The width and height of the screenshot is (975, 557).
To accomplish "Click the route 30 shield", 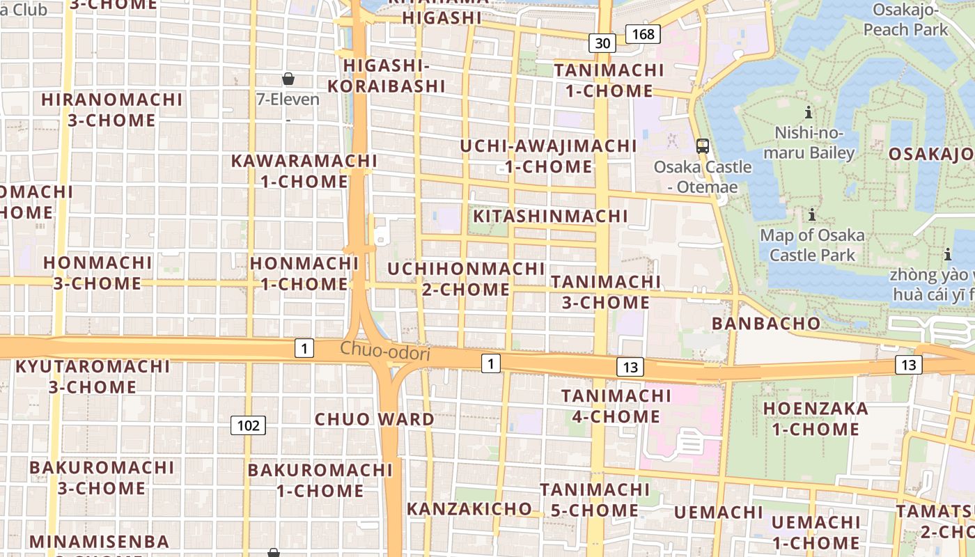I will tap(602, 43).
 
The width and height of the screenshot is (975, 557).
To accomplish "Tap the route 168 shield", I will tap(642, 33).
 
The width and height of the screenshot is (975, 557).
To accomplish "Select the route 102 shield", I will tap(249, 425).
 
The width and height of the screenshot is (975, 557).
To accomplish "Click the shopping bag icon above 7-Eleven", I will tap(288, 79).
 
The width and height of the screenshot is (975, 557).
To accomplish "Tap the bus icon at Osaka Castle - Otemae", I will tap(703, 146).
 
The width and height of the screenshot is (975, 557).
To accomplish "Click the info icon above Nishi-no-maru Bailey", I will tap(809, 112).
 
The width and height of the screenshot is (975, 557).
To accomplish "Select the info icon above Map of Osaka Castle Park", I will tap(811, 214).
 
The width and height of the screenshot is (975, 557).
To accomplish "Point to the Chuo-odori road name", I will tap(385, 351).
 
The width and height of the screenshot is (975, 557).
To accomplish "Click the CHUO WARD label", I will tap(375, 419).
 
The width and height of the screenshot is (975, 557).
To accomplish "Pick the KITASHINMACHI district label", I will tap(550, 217).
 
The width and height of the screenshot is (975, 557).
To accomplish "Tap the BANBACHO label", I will tap(766, 324).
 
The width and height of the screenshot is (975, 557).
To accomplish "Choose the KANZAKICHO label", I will tap(469, 509).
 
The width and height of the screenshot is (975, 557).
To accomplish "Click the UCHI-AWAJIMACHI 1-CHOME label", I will tap(549, 157).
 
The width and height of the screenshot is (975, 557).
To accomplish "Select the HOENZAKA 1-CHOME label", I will tap(816, 418).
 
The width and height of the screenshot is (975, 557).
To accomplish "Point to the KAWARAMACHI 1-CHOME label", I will tap(304, 171).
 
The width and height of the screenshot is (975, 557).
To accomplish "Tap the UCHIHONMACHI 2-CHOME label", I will tap(466, 279).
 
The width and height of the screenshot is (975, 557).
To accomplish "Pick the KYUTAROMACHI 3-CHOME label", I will tap(93, 376).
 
